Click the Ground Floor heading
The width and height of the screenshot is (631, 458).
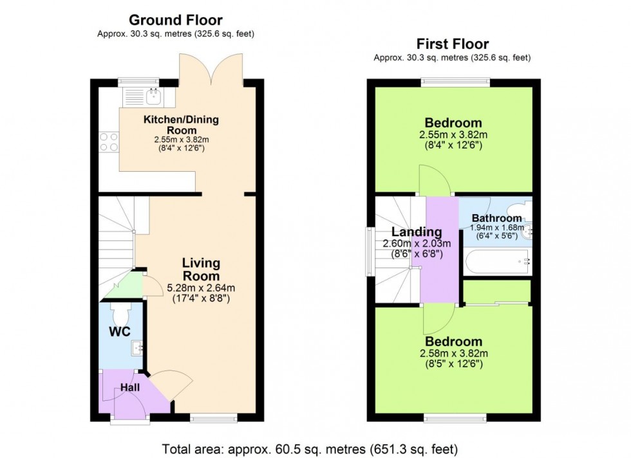pyautogui.click(x=176, y=20)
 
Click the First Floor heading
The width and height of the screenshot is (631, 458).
pyautogui.click(x=452, y=44)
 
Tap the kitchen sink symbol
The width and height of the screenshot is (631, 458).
pyautogui.click(x=153, y=97)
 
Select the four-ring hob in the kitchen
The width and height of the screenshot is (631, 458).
pyautogui.click(x=108, y=141)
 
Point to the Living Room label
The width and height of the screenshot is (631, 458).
pyautogui.click(x=201, y=269)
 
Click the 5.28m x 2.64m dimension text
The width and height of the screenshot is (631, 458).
pyautogui.click(x=201, y=288)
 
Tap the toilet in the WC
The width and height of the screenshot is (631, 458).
pyautogui.click(x=120, y=315)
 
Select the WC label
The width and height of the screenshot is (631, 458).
pyautogui.click(x=120, y=332)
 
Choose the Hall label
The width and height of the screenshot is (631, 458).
pyautogui.click(x=130, y=387)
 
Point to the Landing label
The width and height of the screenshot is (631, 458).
pyautogui.click(x=417, y=232)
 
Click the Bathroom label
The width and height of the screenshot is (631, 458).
pyautogui.click(x=496, y=218)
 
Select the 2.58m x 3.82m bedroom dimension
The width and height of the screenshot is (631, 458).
pyautogui.click(x=453, y=353)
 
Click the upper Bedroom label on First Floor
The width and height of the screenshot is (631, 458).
pyautogui.click(x=453, y=123)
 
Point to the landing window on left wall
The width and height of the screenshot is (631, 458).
pyautogui.click(x=369, y=250)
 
